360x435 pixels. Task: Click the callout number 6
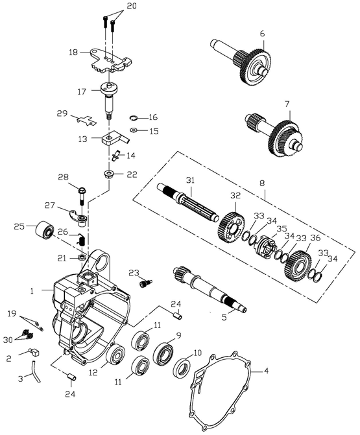[x=262, y=34]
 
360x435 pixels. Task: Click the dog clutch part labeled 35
[x=265, y=246]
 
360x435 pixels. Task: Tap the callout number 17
[x=82, y=91]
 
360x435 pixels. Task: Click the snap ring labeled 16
[x=134, y=118]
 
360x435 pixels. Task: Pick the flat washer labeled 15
[x=134, y=130]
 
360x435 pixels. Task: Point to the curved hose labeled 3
[x=36, y=371]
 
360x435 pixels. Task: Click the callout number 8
[x=262, y=183]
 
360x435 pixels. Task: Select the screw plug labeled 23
[x=145, y=283]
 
